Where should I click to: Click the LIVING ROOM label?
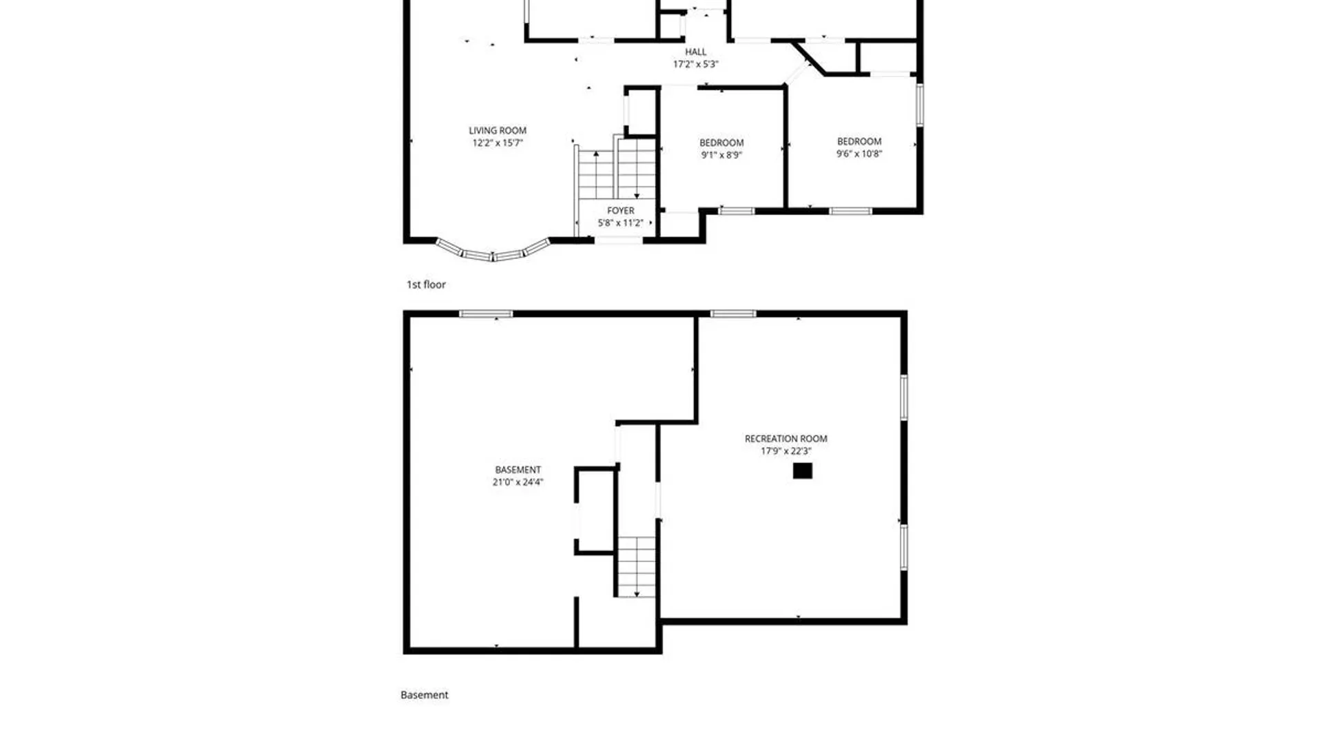point(498,130)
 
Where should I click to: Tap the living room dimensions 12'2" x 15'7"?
point(498,143)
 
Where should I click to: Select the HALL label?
point(695,52)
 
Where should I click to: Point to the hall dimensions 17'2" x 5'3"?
point(695,64)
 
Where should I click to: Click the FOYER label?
point(621,210)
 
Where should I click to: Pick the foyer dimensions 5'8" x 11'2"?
point(621,223)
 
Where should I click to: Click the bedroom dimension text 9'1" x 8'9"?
point(721,155)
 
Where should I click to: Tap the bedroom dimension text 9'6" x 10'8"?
point(859,154)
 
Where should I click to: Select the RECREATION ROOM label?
point(786,438)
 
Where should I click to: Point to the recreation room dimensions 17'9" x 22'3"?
point(786,451)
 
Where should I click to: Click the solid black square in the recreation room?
point(802,471)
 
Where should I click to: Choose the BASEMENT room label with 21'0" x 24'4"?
point(518,470)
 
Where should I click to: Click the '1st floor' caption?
point(426,285)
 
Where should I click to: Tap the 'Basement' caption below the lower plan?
point(424,695)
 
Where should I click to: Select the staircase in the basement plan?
point(636,566)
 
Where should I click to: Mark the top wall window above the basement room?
point(486,314)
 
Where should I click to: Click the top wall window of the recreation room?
point(733,314)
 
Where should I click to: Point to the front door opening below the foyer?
point(619,240)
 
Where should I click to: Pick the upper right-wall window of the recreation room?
point(904,397)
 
